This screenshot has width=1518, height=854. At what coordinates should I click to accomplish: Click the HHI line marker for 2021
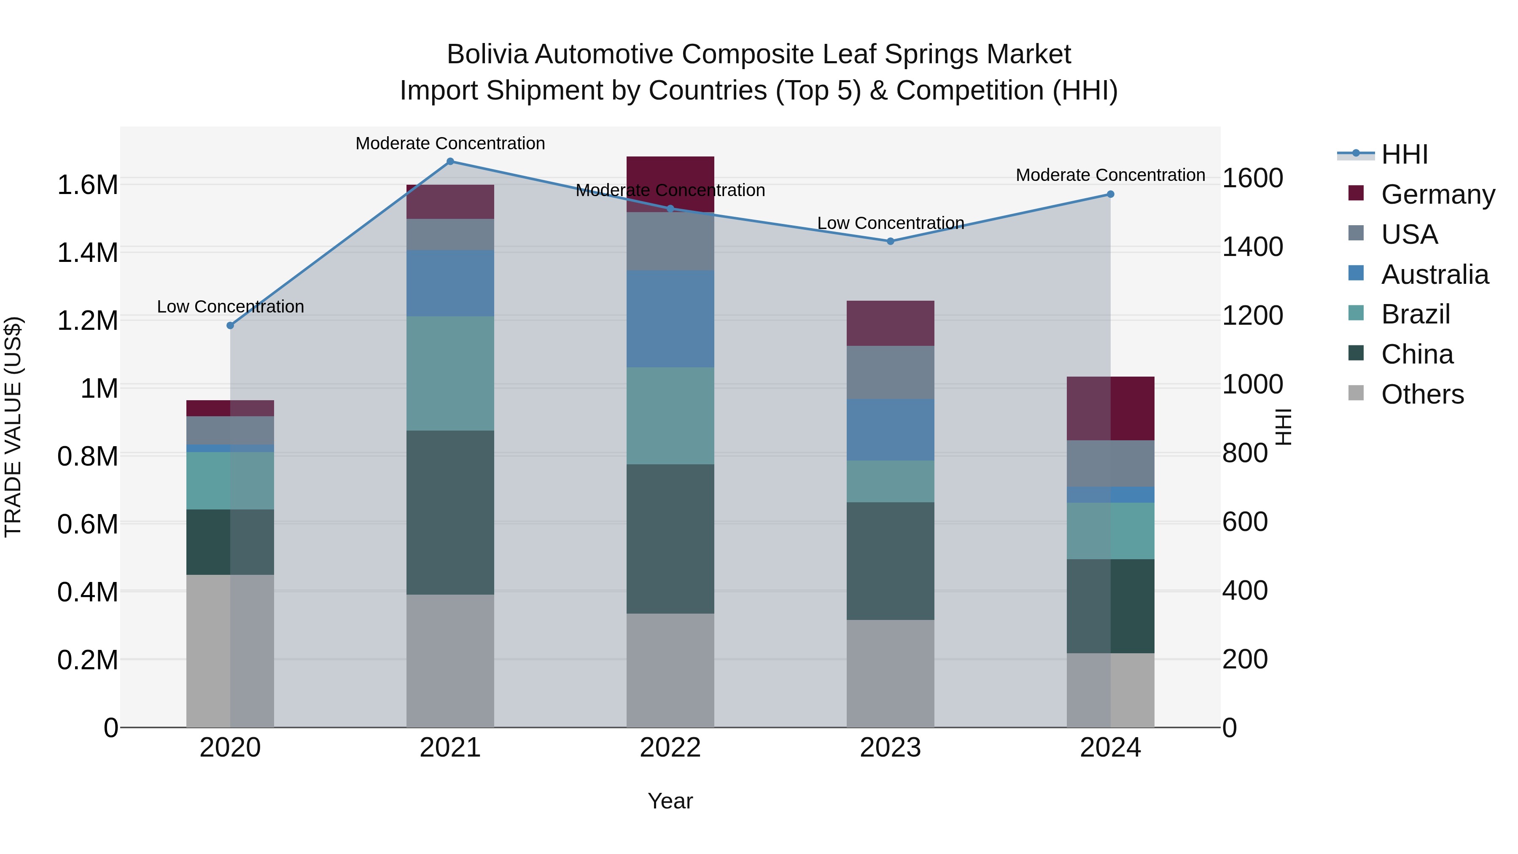coord(450,162)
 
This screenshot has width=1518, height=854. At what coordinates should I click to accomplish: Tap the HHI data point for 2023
coord(891,241)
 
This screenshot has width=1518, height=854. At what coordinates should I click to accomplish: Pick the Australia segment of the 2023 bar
coord(891,430)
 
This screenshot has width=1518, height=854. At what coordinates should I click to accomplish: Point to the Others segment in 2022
coord(670,670)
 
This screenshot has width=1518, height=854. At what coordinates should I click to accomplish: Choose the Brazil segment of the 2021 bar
coord(450,373)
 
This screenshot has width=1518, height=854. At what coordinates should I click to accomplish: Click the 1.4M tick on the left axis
coord(87,253)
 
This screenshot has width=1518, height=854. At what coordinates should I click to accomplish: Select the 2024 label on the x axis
coord(1110,748)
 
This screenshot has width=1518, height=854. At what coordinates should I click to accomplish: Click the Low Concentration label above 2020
coord(230,307)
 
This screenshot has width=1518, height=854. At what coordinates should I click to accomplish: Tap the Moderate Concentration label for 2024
coord(1110,175)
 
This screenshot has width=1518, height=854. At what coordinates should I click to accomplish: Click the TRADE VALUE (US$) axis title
coord(13,427)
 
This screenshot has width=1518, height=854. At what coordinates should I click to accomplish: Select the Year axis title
coord(670,801)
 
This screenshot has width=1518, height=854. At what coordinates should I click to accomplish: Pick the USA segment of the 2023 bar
coord(891,372)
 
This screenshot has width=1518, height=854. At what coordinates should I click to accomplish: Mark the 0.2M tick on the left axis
coord(87,660)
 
